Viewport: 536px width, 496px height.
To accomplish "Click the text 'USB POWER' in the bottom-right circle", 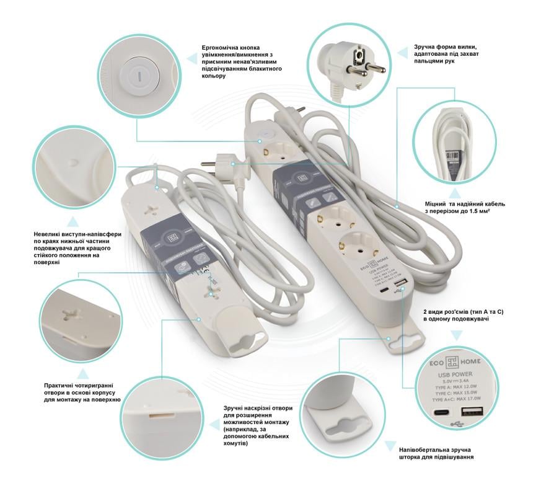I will (455, 374).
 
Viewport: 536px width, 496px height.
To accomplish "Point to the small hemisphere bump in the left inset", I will (74, 162).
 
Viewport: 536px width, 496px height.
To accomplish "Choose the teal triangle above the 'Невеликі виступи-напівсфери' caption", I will (73, 220).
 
